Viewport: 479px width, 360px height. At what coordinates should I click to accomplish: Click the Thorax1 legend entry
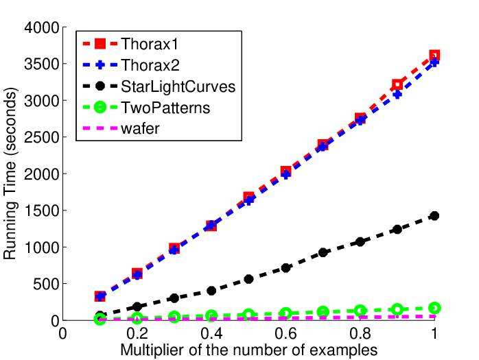150,44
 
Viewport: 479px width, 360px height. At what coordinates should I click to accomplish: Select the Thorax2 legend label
150,65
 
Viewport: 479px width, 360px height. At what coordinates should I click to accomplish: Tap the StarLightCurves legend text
178,86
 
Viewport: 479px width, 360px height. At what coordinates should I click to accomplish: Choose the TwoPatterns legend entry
165,108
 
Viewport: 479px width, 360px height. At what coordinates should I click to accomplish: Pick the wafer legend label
140,128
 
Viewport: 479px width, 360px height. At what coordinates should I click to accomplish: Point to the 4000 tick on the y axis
42,27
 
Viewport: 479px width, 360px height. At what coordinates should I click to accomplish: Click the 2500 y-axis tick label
42,137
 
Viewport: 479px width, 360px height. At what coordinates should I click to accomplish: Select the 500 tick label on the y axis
46,284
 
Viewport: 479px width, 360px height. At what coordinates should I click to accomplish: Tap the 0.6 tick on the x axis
285,334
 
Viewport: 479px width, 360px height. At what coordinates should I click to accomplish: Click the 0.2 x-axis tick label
137,334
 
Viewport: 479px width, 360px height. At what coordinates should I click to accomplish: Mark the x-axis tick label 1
434,334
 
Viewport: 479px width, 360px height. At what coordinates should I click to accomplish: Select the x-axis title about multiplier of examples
248,350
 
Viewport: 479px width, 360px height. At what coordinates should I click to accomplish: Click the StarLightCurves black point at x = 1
434,216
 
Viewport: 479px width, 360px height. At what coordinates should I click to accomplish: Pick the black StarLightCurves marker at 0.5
248,279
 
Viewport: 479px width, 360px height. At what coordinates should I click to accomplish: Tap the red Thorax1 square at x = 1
434,56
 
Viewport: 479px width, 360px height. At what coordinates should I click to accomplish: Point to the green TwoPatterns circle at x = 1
434,308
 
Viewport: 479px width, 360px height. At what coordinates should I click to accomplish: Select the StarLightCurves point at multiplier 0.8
360,242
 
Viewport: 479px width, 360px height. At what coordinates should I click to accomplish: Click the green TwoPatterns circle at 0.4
211,315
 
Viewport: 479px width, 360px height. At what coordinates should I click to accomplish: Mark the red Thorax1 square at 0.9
397,84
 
